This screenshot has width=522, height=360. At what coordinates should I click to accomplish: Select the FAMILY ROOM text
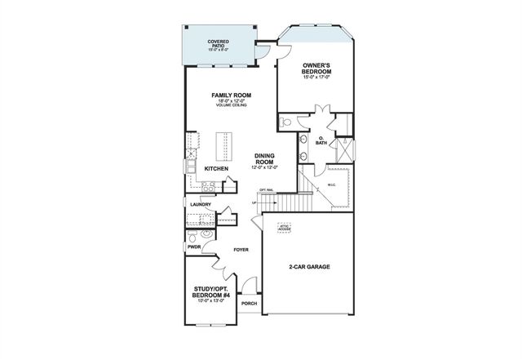pos(231,96)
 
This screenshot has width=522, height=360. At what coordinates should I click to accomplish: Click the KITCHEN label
pos(216,169)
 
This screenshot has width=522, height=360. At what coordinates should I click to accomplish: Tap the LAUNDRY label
pos(201,204)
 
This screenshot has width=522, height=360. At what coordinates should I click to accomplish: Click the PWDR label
pos(194,245)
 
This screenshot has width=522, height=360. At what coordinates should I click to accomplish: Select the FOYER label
pos(241,249)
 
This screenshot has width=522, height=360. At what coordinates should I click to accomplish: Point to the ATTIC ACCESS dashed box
pos(285,229)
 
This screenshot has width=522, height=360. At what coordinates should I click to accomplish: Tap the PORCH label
pos(249,303)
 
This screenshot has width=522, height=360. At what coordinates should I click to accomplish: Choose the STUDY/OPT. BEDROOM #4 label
pos(212,291)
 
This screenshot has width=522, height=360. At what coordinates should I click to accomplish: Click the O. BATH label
pos(321,140)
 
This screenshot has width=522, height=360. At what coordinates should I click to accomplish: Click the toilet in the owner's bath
pos(285,122)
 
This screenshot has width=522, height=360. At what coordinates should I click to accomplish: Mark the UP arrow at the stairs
pos(254,203)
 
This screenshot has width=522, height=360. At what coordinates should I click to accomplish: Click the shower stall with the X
pos(345,152)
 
